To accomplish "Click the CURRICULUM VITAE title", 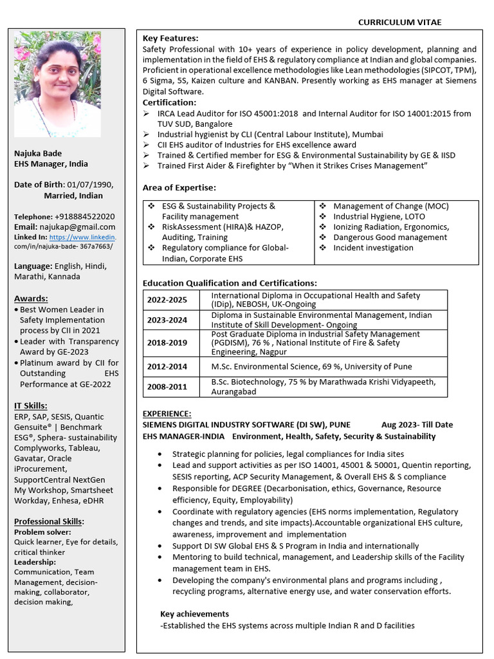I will pos(399,22).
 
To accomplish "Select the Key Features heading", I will pos(170,39).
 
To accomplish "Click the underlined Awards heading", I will pos(31,299).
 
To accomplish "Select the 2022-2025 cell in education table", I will pos(167,300).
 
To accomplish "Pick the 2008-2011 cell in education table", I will pos(167,387).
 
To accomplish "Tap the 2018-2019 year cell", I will pos(167,343).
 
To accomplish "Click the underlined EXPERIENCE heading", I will pos(167,414).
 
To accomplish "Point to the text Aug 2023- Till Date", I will pos(417,425).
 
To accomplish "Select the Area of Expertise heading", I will pos(179,187).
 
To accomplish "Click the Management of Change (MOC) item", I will pos(390,207).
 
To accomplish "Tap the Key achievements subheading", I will pos(194,614).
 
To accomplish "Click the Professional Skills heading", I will pos(49,521).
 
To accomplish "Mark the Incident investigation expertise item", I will pos(373,248).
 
